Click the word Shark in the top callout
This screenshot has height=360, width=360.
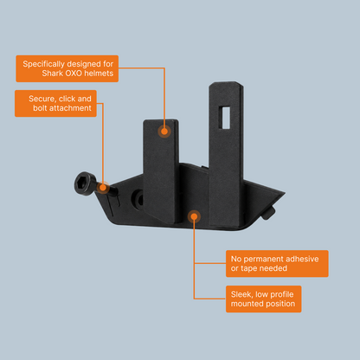[52, 74]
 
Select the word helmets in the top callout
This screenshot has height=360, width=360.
[99, 74]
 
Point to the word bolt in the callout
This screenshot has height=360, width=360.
[40, 108]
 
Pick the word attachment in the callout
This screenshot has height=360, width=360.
[70, 108]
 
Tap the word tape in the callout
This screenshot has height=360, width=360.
[248, 268]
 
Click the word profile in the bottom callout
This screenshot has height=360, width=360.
[282, 294]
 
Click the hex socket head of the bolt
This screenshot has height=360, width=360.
[86, 183]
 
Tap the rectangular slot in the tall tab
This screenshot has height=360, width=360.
[224, 118]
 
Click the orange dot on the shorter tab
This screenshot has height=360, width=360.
[164, 132]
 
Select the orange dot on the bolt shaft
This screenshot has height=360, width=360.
[102, 188]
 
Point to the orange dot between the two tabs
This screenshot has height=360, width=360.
[194, 216]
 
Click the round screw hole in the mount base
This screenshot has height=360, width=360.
[138, 199]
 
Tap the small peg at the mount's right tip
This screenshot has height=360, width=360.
[269, 214]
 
